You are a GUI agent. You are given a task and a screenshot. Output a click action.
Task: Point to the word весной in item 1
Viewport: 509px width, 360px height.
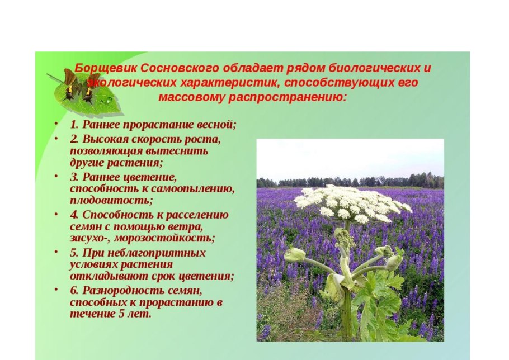coord(216,125)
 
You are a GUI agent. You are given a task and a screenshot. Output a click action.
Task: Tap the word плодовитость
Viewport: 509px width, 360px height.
coord(111,200)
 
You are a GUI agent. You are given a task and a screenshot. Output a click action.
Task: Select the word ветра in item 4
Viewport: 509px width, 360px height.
coord(187,227)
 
